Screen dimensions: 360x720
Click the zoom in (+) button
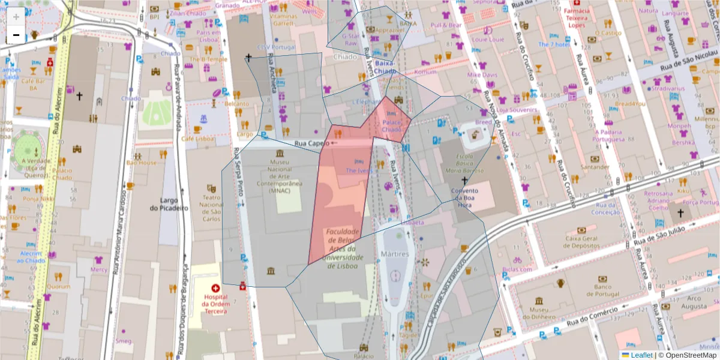pos(16,16)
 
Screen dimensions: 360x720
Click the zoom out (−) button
pos(16,35)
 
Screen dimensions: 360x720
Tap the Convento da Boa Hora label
pos(464,197)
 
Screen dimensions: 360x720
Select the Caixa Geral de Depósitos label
pos(581,242)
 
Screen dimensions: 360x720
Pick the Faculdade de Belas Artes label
pos(343,248)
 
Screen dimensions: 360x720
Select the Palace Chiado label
pos(391,126)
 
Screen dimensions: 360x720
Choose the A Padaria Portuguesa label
pos(613,136)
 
